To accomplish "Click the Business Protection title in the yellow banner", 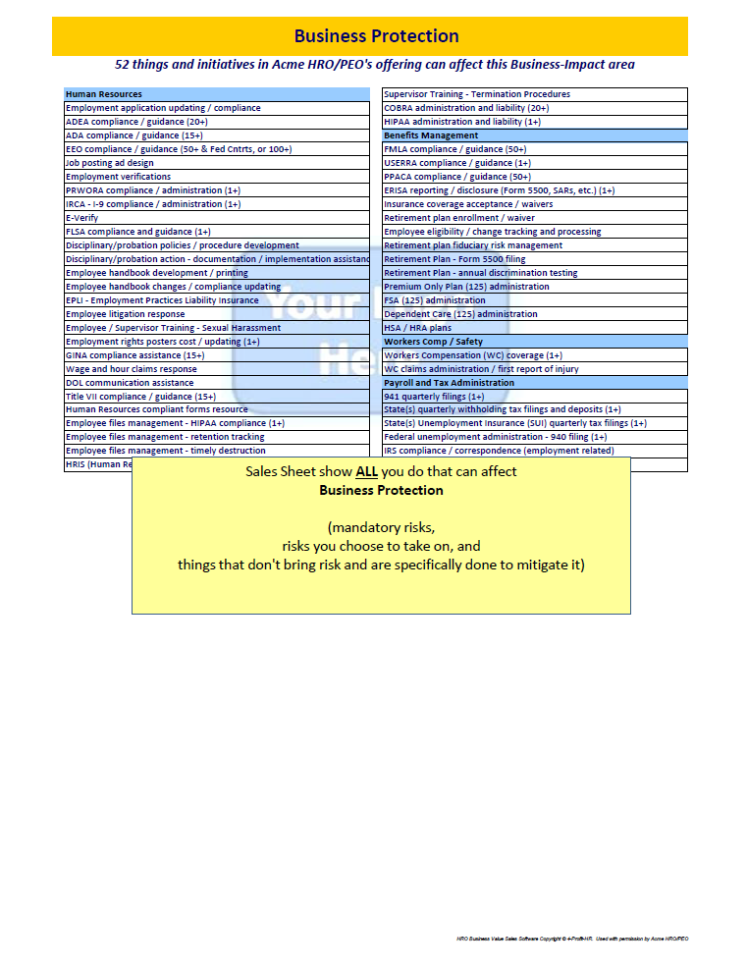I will point(376,36).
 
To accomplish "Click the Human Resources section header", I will point(103,94).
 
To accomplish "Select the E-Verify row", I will point(81,218).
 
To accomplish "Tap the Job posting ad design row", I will point(109,163).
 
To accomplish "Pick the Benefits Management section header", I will point(431,135).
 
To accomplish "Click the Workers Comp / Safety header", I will point(433,342).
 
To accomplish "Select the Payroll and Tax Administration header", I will point(449,383).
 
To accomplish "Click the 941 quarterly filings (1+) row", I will point(434,397).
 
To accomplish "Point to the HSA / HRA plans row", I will point(417,328).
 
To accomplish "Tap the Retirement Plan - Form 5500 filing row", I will point(454,259).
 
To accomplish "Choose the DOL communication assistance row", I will point(130,383).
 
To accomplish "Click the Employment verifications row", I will point(118,177).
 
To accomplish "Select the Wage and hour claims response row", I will point(131,369).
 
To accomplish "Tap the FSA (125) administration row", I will point(434,300).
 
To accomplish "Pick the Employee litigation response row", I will point(125,314).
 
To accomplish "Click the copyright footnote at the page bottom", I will point(572,939).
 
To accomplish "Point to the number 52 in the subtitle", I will point(124,65).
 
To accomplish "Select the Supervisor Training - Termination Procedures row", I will point(476,94).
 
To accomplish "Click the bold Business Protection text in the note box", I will point(381,490).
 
